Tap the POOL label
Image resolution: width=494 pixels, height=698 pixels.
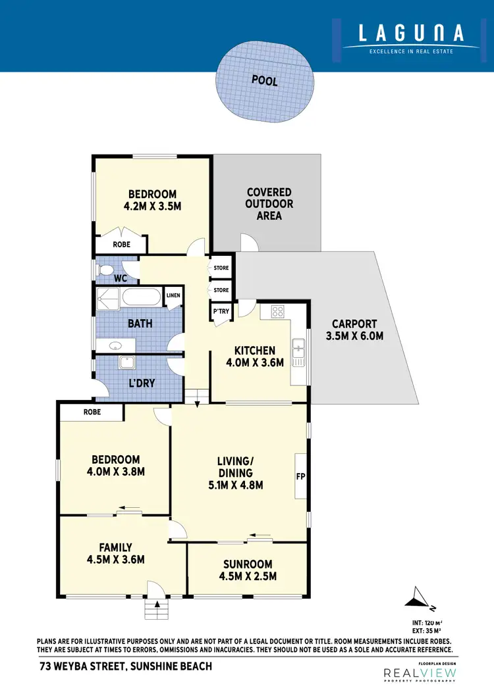265,80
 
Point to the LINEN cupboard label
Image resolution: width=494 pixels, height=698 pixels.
173,295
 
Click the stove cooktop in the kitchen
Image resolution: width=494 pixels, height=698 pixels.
277,312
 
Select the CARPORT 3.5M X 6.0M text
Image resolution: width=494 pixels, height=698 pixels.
354,330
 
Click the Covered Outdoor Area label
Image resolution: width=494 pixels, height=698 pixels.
269,203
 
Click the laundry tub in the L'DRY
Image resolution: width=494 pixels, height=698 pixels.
126,362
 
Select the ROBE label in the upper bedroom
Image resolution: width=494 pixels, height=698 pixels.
121,244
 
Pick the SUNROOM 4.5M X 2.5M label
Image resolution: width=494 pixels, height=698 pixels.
247,570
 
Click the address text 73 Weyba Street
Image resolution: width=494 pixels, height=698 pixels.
126,666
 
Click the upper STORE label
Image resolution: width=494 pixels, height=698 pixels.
221,268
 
